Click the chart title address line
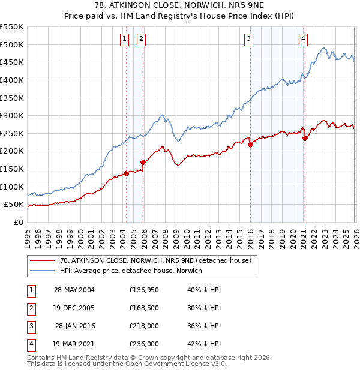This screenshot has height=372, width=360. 180,5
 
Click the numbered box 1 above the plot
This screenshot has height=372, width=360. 124,40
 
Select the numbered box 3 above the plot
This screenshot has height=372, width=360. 248,40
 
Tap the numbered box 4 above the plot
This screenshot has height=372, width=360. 304,40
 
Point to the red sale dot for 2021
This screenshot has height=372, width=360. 305,138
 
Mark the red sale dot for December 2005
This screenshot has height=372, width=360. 143,162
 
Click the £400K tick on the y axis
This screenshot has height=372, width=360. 13,80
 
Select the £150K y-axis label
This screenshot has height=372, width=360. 13,169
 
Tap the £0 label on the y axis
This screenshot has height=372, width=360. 18,222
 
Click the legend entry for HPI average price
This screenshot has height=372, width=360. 131,271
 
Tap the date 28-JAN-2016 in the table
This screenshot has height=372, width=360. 75,326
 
